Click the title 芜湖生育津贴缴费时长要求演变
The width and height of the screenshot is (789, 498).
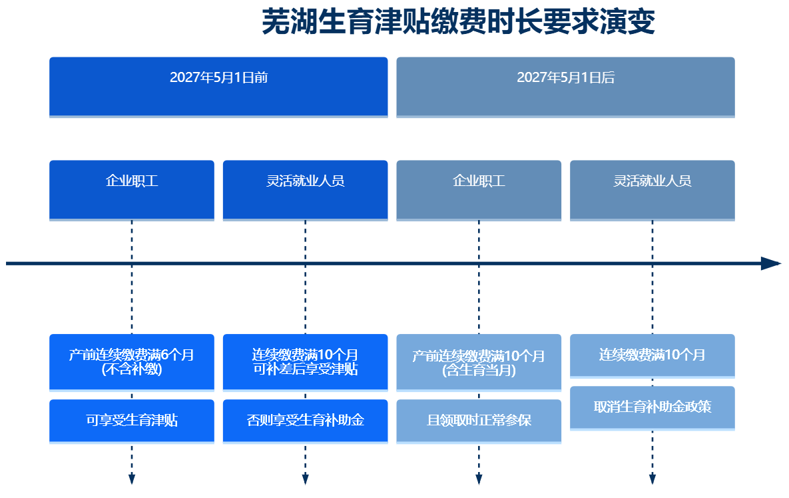click(458, 22)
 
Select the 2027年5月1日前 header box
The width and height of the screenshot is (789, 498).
click(218, 87)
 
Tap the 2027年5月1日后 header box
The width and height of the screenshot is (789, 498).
click(565, 87)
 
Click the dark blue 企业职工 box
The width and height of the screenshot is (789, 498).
click(132, 191)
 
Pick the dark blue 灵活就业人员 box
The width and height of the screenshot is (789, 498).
click(306, 191)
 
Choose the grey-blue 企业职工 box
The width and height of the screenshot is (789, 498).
click(479, 191)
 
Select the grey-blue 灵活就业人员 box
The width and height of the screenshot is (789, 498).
click(653, 191)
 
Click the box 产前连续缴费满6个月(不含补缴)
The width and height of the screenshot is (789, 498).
click(132, 363)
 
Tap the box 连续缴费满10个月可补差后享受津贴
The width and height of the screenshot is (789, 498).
click(306, 363)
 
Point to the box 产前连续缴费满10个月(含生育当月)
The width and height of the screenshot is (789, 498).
click(479, 363)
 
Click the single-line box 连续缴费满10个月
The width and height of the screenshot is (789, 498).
click(653, 356)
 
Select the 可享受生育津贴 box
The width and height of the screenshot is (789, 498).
click(132, 421)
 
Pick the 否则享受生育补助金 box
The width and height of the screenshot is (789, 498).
click(306, 421)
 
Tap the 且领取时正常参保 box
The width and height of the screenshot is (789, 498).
click(479, 421)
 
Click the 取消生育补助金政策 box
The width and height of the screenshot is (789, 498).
click(653, 408)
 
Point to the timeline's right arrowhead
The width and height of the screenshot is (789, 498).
click(771, 263)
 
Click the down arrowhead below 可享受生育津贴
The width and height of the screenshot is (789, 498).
click(132, 479)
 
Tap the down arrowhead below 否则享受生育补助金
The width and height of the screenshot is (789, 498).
click(306, 479)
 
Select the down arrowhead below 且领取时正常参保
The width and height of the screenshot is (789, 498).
click(479, 479)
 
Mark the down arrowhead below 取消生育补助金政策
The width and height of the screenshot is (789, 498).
click(653, 479)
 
